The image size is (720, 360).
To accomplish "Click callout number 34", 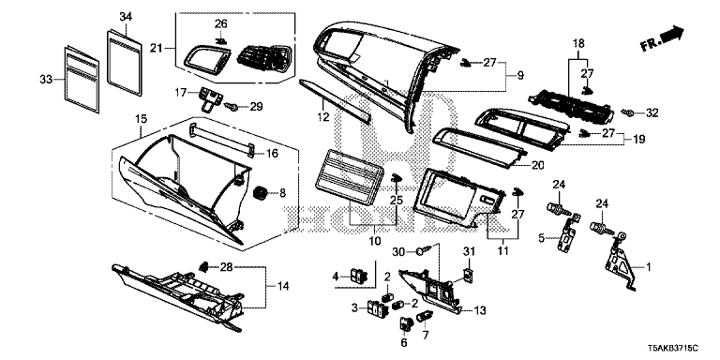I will [127, 16].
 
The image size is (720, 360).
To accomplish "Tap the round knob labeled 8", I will [254, 192].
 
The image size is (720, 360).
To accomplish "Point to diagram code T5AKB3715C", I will [675, 349].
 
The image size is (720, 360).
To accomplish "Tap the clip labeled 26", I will [220, 40].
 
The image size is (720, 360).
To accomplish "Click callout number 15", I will [141, 119].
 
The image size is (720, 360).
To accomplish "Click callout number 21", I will [157, 48].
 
